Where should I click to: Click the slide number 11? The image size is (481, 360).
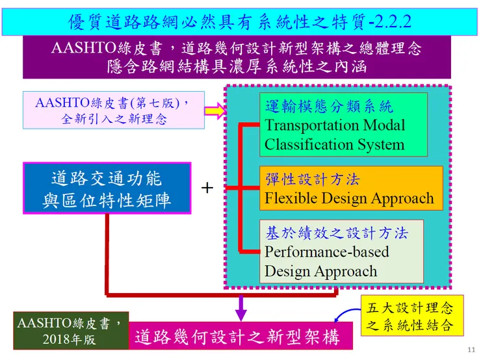point(472,350)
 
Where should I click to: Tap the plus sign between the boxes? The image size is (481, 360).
point(207,188)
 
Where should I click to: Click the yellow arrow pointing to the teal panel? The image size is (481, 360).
point(214,112)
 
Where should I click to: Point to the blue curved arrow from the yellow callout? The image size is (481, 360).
point(345,316)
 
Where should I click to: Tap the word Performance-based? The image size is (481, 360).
point(327,251)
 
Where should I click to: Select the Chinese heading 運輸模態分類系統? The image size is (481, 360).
point(329,106)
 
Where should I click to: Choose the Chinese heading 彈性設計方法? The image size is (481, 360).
point(312,179)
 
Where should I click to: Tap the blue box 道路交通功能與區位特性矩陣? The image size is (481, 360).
point(107,188)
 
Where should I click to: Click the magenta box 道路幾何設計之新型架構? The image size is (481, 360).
point(237,337)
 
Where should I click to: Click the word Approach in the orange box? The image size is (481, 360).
point(398,198)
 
